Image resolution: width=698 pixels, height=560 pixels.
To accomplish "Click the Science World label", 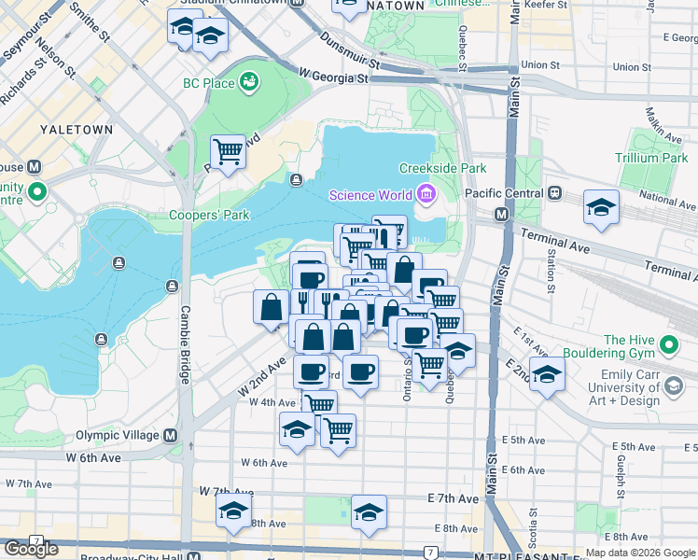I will pyautogui.click(x=371, y=194).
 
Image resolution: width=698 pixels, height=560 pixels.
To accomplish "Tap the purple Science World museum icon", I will pyautogui.click(x=426, y=194).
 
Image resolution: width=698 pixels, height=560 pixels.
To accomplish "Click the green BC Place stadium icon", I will pyautogui.click(x=248, y=83).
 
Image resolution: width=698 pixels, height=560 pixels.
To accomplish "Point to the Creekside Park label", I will pyautogui.click(x=443, y=169).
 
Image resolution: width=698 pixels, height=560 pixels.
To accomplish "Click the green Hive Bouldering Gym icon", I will pyautogui.click(x=668, y=347).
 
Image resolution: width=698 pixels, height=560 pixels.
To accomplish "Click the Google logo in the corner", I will pyautogui.click(x=32, y=549).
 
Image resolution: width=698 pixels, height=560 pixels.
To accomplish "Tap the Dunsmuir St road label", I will pyautogui.click(x=349, y=50).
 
